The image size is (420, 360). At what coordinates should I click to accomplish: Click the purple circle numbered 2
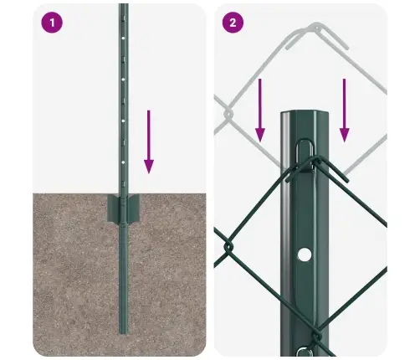pyautogui.click(x=233, y=23)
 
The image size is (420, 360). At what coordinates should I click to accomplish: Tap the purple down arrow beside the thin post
pyautogui.click(x=149, y=143)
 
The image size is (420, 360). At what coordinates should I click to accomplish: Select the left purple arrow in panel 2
pyautogui.click(x=260, y=109)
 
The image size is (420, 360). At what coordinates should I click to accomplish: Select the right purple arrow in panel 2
pyautogui.click(x=344, y=109)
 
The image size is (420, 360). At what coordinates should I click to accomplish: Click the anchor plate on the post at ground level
pyautogui.click(x=124, y=207)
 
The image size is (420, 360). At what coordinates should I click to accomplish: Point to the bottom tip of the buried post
pyautogui.click(x=124, y=332)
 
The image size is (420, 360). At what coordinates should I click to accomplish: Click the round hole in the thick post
pyautogui.click(x=305, y=253)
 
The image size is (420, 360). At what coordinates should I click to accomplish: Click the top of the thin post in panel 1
pyautogui.click(x=123, y=7)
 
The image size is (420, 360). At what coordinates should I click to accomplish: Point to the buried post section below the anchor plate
pyautogui.click(x=124, y=276)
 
